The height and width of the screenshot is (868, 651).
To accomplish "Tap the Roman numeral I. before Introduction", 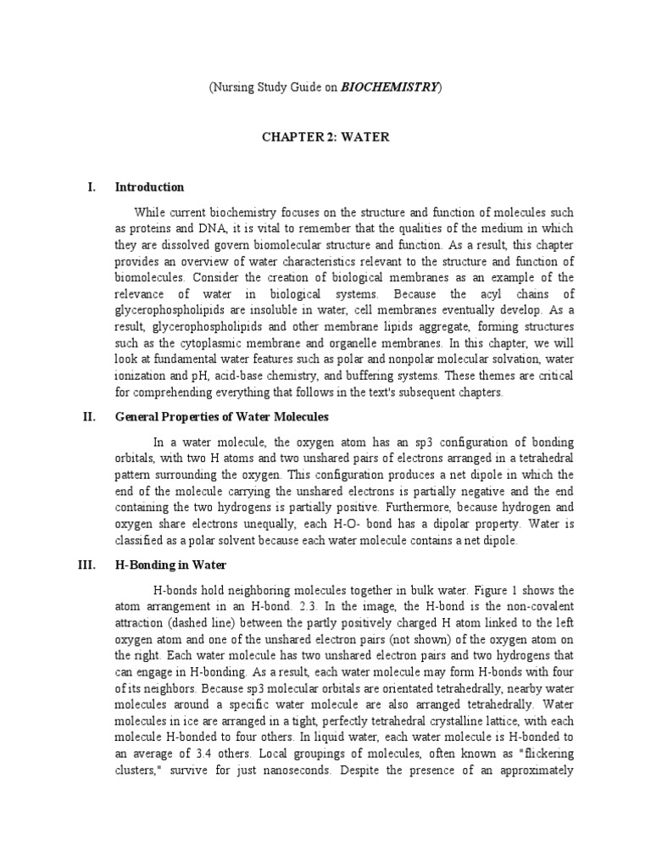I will click(x=92, y=187).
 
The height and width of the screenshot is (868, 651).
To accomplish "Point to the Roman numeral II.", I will click(x=90, y=417).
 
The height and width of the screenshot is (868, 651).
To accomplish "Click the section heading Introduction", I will click(x=149, y=187).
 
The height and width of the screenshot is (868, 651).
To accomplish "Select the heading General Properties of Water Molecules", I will click(x=221, y=417).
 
